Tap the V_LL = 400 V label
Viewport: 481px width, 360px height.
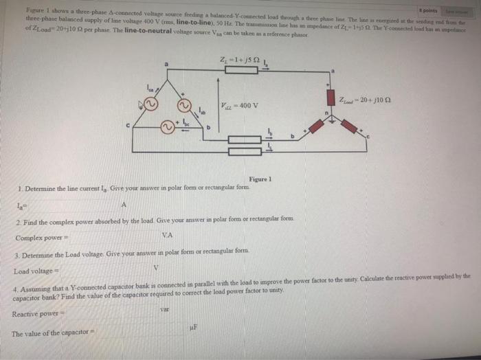point(240,105)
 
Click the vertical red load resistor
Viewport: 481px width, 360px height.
point(331,99)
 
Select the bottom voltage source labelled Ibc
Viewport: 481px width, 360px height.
point(168,127)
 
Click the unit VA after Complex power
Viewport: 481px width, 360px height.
point(166,235)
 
